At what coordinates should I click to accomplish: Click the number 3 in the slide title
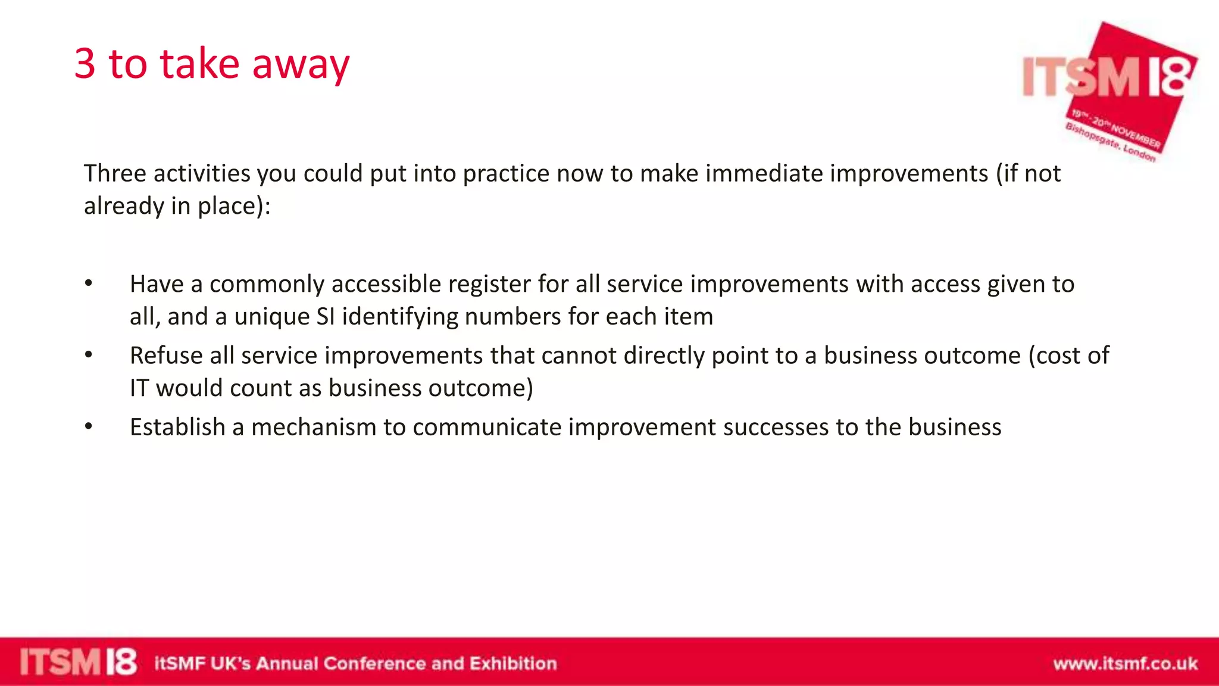coord(85,64)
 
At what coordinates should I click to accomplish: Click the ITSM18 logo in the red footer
coord(78,662)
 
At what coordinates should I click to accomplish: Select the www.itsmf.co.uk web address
coord(1125,663)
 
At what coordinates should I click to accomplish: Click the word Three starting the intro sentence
coord(114,173)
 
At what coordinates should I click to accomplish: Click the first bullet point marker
coord(89,283)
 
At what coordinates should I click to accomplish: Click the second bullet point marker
coord(89,355)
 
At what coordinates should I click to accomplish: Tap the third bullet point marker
coord(89,426)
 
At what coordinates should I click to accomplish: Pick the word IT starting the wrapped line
coord(139,388)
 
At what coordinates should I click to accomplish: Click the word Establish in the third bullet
coord(177,427)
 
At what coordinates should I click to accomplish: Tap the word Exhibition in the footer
coord(513,663)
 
